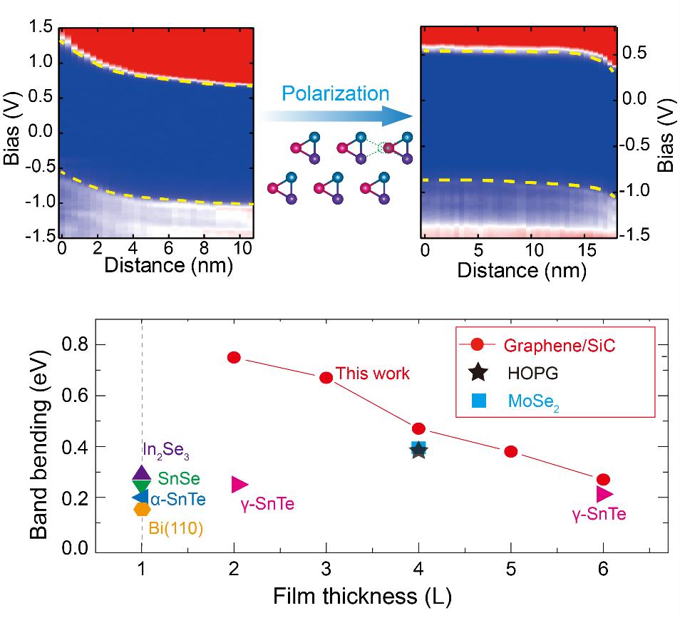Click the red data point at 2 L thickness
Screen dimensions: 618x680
tap(234, 357)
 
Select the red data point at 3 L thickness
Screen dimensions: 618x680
tap(326, 377)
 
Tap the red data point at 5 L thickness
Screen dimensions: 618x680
tap(510, 451)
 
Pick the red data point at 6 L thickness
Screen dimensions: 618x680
tap(603, 480)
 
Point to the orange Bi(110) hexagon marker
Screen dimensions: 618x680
tap(142, 509)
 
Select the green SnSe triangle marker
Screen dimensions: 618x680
tap(141, 486)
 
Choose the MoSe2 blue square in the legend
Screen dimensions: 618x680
tap(479, 398)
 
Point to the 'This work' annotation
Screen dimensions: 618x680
tap(373, 373)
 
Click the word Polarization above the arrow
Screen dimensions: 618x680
tap(335, 93)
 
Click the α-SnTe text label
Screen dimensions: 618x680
tap(177, 499)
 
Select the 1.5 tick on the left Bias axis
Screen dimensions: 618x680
tap(40, 29)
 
